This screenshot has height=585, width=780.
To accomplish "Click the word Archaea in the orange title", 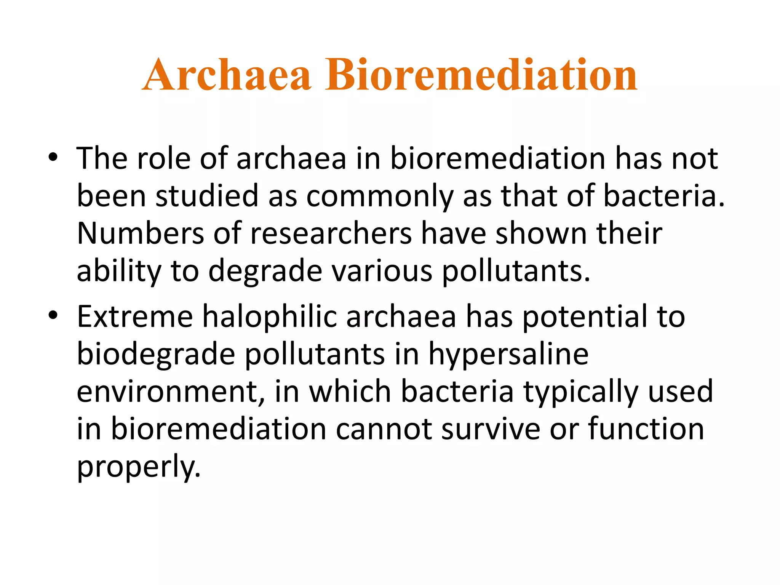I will pos(227,75).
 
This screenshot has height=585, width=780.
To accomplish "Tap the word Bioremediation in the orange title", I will pos(481,75).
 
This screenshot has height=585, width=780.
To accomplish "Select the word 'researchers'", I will pos(331,234).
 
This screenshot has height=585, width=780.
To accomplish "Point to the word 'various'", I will pos(382,271).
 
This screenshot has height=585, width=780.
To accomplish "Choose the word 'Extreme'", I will pos(135,316).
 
